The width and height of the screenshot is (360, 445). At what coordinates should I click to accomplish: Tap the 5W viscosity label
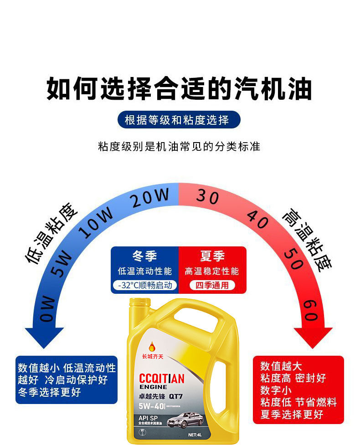(x=61, y=265)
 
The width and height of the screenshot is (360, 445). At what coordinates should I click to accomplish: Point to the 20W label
(x=150, y=199)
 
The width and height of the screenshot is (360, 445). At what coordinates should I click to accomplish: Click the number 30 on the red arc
(x=208, y=196)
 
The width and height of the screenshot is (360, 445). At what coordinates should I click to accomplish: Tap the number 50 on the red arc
(x=293, y=258)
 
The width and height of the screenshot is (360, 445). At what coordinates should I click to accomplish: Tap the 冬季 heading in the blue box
(x=144, y=256)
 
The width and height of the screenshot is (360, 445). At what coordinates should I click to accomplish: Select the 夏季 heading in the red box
(x=212, y=256)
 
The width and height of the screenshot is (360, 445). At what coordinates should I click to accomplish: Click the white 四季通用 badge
(x=212, y=286)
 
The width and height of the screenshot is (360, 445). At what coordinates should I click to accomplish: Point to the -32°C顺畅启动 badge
(x=144, y=286)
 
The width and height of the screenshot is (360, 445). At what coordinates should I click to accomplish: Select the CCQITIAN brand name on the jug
(x=161, y=379)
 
